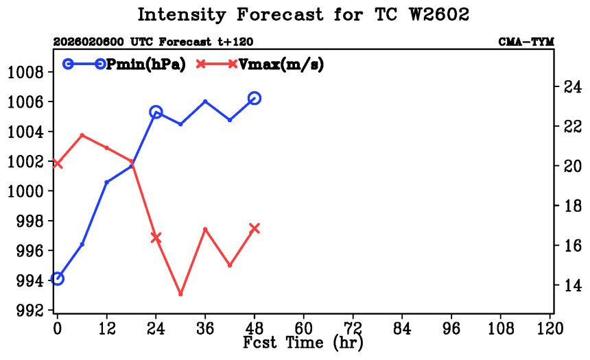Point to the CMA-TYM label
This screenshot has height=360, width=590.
[x=526, y=43]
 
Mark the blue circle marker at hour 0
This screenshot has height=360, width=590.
[x=58, y=278]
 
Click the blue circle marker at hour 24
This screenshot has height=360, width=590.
[x=156, y=112]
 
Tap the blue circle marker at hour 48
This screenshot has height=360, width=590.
[x=255, y=98]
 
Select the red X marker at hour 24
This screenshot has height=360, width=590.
[x=156, y=237]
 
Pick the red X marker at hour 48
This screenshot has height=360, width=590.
[x=255, y=228]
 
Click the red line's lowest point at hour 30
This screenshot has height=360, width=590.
[x=180, y=294]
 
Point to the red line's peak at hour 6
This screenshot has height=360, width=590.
[x=82, y=135]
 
